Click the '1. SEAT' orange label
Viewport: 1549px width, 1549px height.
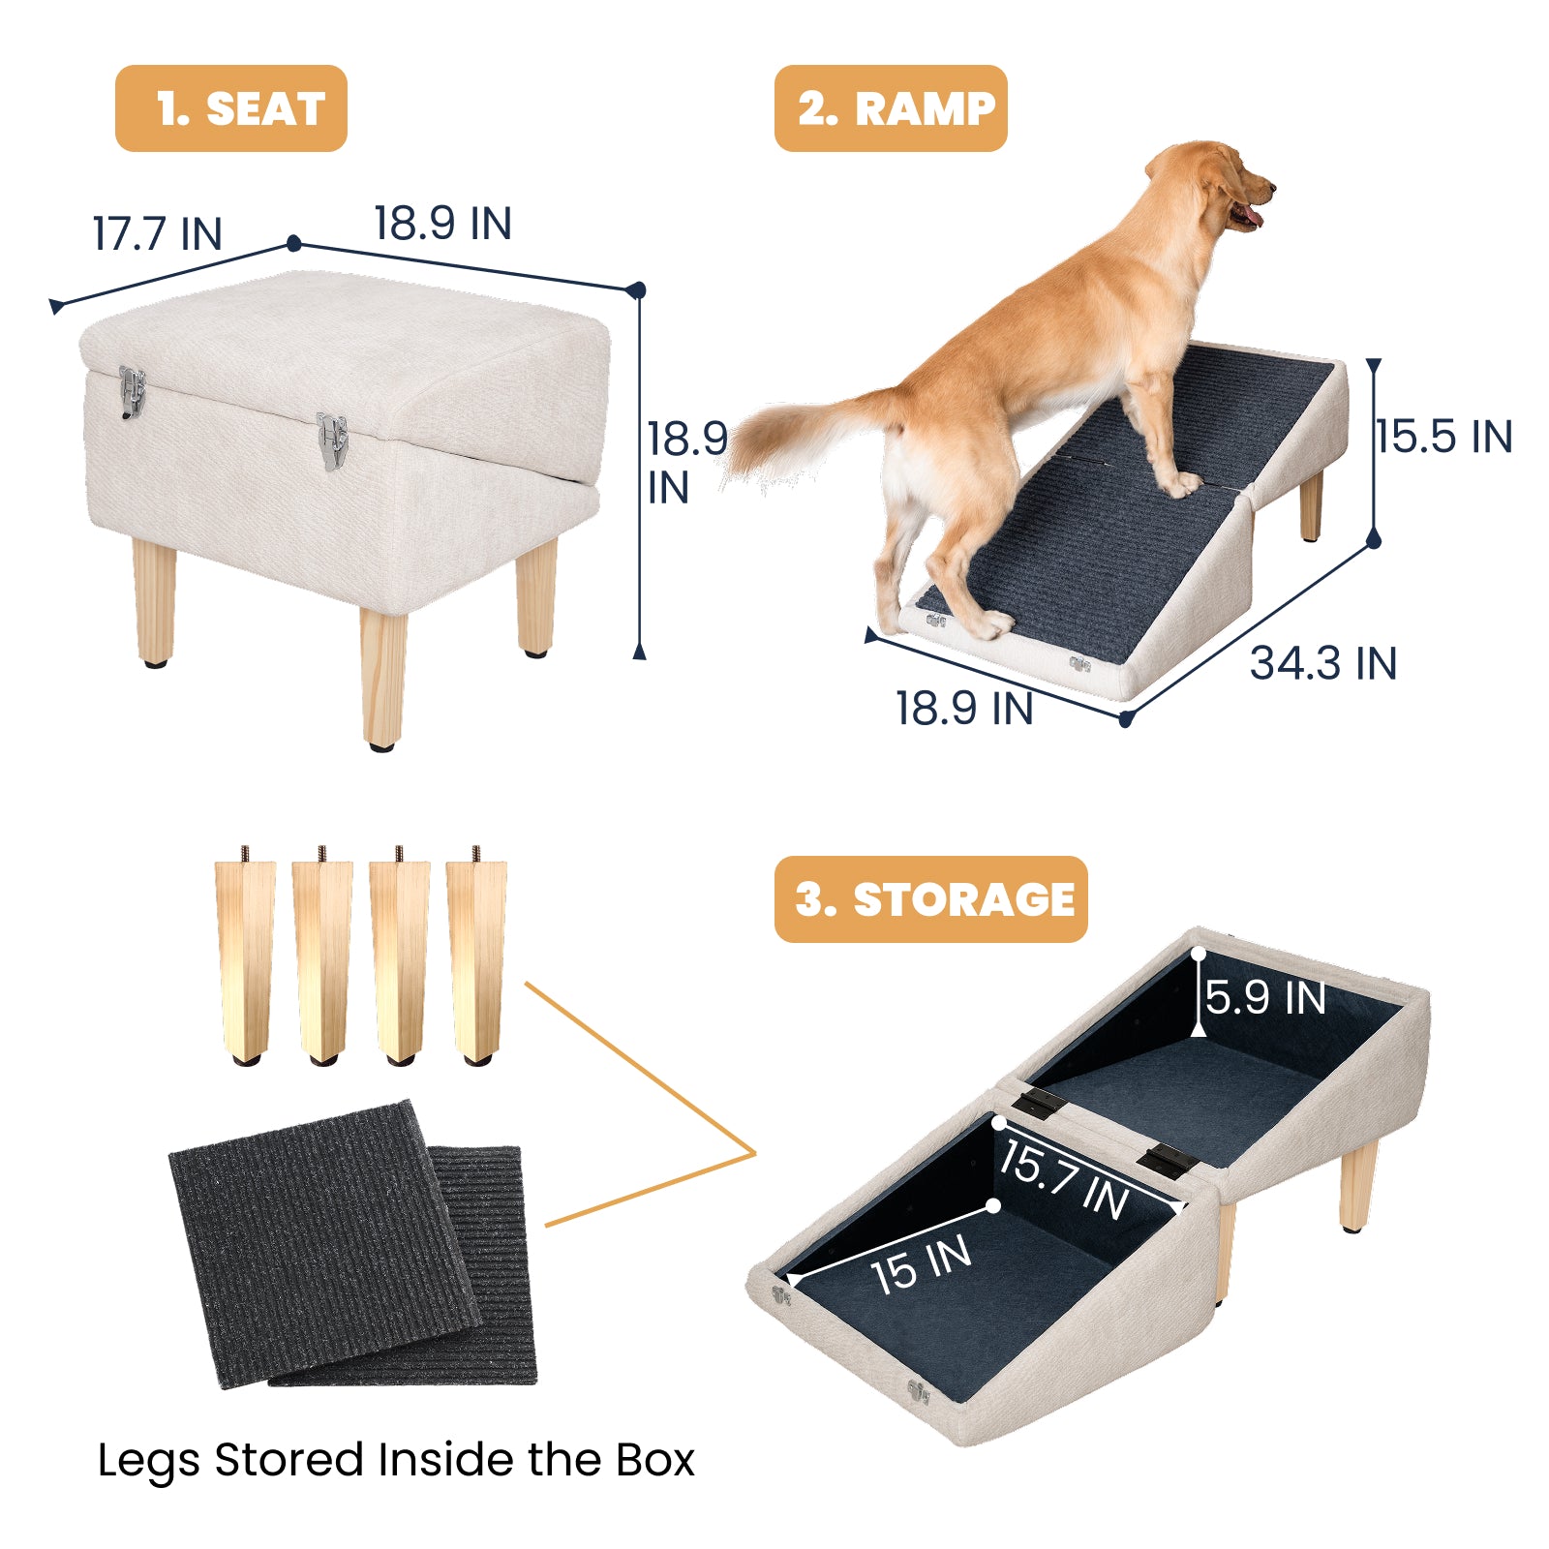[230, 108]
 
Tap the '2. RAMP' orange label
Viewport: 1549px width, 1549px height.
[891, 108]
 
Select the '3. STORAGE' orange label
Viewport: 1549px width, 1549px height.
[930, 899]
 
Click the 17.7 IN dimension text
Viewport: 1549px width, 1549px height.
[158, 234]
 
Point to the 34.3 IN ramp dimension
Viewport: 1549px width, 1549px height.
[1322, 664]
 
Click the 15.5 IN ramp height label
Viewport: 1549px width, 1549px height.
[1443, 437]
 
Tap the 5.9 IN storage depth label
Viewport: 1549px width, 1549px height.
[1265, 997]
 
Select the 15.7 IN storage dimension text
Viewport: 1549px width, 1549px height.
[1065, 1179]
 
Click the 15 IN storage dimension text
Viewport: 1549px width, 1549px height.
[921, 1264]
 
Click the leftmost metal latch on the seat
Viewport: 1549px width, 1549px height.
[132, 391]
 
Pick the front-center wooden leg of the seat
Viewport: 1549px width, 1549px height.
[383, 678]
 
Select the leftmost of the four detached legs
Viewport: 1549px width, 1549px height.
[244, 958]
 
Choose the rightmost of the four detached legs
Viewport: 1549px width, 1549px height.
[476, 958]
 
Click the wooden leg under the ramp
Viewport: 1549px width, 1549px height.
[1311, 503]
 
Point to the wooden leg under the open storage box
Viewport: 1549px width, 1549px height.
[1358, 1186]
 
